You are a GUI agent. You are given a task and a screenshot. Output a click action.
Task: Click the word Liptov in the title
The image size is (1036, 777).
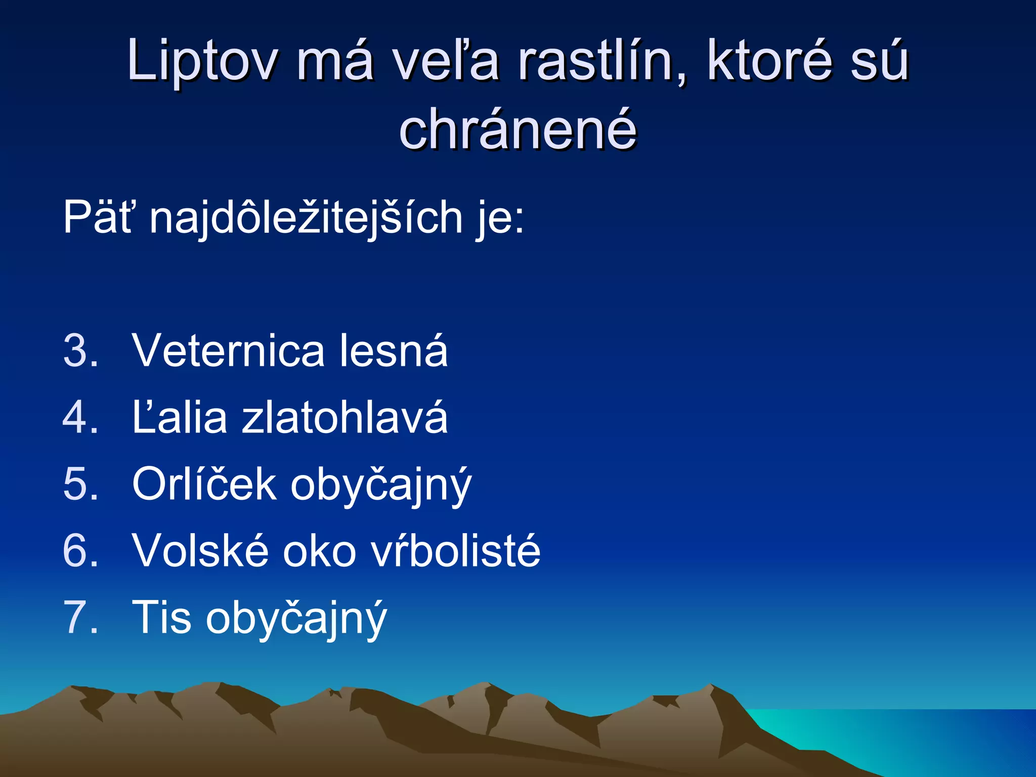[x=202, y=61]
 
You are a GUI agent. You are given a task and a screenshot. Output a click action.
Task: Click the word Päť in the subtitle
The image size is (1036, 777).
[x=99, y=218]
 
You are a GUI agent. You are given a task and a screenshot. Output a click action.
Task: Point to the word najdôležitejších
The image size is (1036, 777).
[x=306, y=218]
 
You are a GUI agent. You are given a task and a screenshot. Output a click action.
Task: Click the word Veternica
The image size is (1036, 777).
[x=228, y=351]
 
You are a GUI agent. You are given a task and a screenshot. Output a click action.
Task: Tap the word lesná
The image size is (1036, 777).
[x=394, y=351]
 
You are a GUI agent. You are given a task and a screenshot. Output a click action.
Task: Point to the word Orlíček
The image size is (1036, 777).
[x=204, y=484]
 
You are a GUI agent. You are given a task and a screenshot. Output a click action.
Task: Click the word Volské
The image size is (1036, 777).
[x=200, y=551]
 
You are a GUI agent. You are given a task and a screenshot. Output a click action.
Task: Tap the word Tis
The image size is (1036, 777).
[x=161, y=617]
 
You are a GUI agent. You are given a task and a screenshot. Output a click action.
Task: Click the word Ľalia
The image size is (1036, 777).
[x=180, y=417]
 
